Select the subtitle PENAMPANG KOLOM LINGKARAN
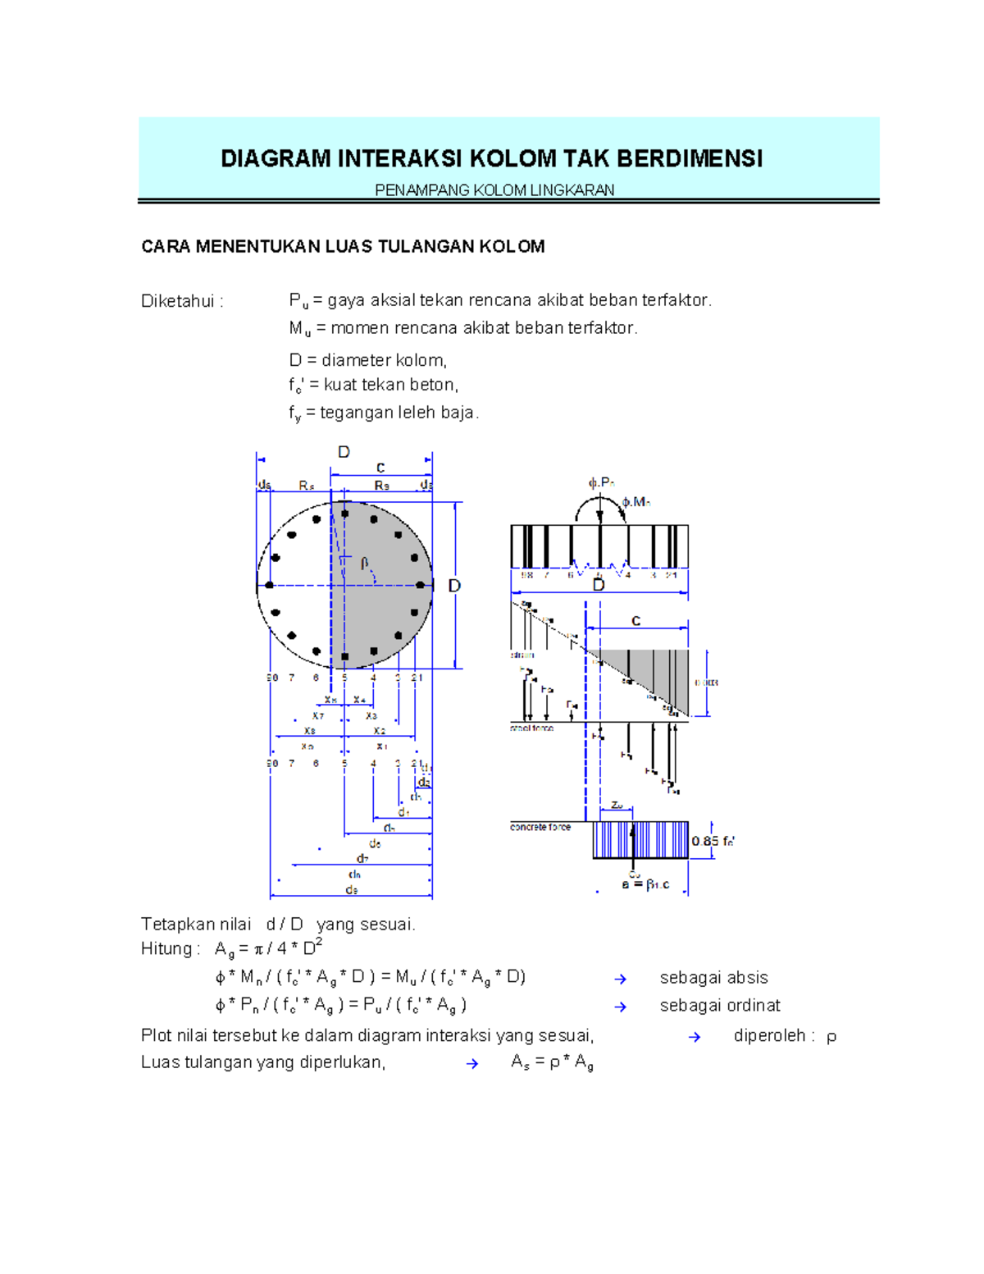click(x=494, y=190)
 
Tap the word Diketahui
click(x=177, y=301)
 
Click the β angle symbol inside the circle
click(x=364, y=563)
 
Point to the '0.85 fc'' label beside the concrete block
click(x=713, y=841)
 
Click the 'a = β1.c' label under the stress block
click(x=645, y=884)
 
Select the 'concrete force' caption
click(x=540, y=827)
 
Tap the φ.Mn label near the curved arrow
click(x=635, y=501)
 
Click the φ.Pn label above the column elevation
click(x=601, y=482)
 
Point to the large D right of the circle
click(x=453, y=586)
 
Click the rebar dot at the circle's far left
click(x=269, y=586)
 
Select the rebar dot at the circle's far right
click(x=420, y=586)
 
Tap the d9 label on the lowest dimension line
click(x=352, y=889)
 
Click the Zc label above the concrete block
click(x=617, y=806)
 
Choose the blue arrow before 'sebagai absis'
click(x=621, y=979)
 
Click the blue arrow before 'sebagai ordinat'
click(x=621, y=1007)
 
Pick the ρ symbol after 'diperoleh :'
click(x=831, y=1037)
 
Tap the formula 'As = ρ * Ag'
click(x=552, y=1062)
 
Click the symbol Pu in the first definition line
click(x=298, y=301)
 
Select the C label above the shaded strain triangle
click(x=635, y=621)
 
